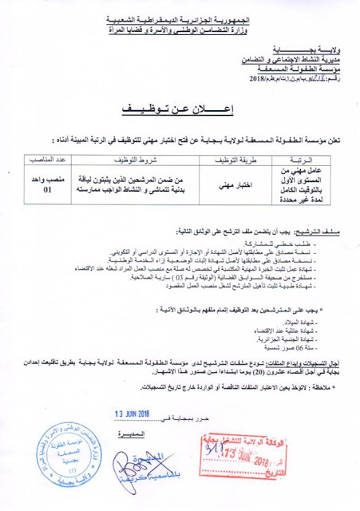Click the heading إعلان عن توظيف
[180, 108]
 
